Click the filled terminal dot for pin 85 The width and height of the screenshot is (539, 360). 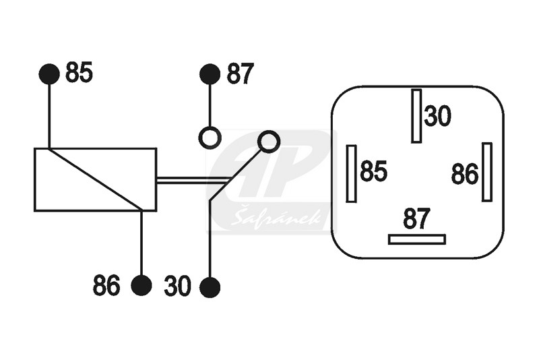point(49,73)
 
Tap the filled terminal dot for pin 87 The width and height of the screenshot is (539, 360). point(210,73)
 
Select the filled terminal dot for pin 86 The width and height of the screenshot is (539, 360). point(141,286)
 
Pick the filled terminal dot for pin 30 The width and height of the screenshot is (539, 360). point(210,287)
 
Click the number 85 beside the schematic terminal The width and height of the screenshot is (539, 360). point(79,73)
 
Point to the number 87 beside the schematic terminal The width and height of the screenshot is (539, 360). point(240,73)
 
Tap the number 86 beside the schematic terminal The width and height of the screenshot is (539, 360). point(106,285)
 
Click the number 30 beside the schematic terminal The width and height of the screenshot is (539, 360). point(177,286)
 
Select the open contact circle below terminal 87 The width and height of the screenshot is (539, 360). point(210,138)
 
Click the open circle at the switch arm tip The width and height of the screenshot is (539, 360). point(268,142)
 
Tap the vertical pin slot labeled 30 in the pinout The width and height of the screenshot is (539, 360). point(416,116)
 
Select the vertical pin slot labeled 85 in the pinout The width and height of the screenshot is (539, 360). point(351,174)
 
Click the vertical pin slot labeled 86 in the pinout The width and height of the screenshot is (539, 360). point(486,172)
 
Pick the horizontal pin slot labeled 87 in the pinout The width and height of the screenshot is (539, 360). point(417,239)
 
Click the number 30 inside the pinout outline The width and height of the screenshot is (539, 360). point(437,116)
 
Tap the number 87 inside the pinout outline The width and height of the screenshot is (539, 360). point(416,218)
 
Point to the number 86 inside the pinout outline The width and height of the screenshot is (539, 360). point(464,174)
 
